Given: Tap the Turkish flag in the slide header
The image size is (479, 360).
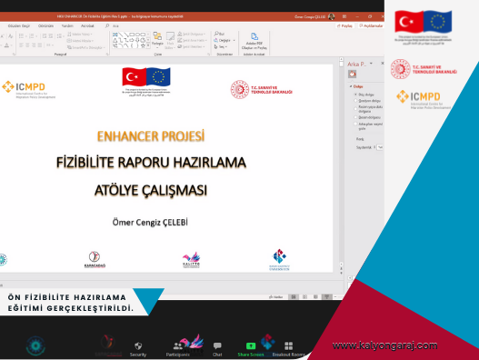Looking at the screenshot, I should pos(135,76).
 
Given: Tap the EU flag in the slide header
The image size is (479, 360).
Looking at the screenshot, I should pos(158,76).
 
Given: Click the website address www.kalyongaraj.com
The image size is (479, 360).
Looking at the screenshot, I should pos(384,345).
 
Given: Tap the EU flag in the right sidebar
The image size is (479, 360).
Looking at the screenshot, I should pos(440,22).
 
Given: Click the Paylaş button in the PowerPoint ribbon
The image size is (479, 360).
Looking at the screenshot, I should pos(345,26).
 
